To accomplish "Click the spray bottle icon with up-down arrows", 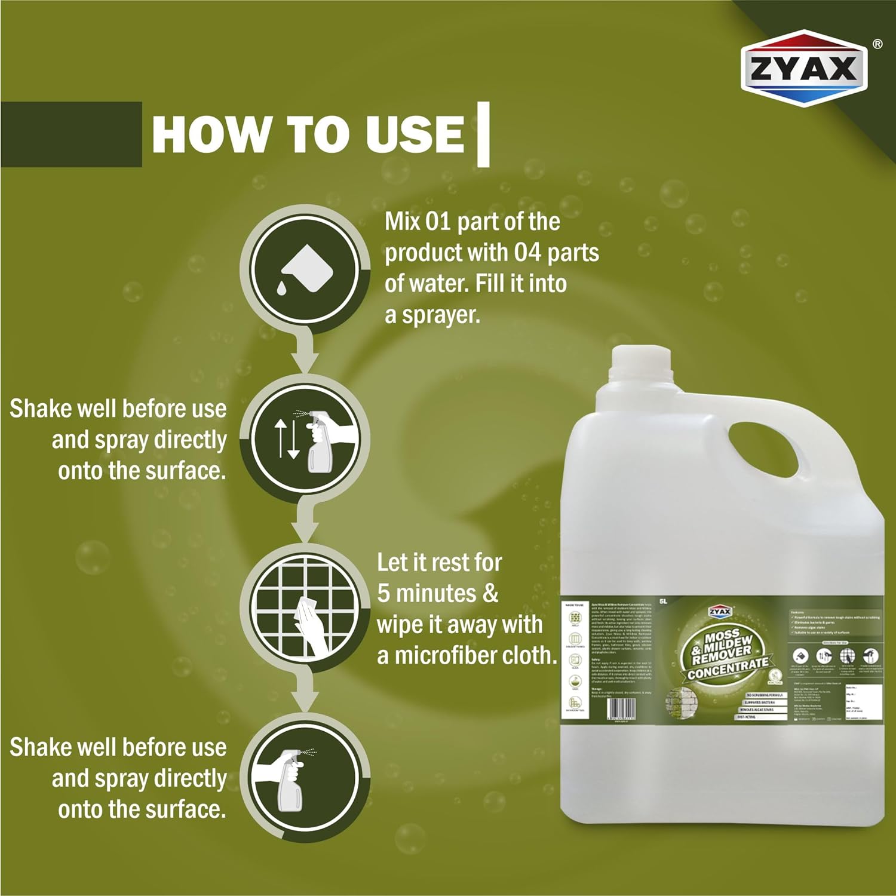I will (304, 439).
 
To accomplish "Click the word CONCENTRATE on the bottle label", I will (728, 668).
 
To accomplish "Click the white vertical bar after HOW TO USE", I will (484, 134).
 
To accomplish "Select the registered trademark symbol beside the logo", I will (877, 44).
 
